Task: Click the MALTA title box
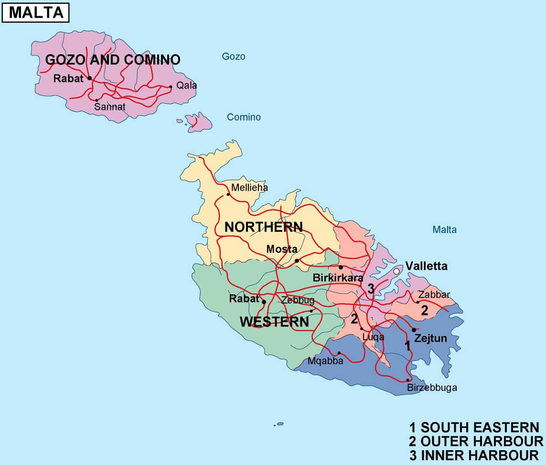click(x=36, y=12)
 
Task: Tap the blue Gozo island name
click(x=234, y=56)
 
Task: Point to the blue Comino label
click(x=244, y=117)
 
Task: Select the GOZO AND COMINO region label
click(x=113, y=60)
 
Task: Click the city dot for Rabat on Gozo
click(x=89, y=78)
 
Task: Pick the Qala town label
click(x=186, y=86)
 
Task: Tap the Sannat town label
click(x=110, y=107)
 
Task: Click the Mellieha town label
click(x=249, y=188)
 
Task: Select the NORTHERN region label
click(x=264, y=227)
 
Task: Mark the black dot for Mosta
click(x=297, y=260)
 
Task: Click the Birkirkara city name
click(x=338, y=278)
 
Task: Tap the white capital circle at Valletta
click(x=396, y=271)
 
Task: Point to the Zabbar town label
click(x=434, y=294)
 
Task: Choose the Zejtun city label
click(x=430, y=339)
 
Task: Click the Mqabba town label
click(x=325, y=361)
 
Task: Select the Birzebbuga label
click(x=432, y=388)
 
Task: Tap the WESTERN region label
click(x=274, y=322)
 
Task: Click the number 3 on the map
click(x=371, y=288)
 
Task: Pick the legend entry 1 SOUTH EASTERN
click(x=474, y=427)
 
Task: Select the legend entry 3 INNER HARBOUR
click(x=474, y=454)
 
